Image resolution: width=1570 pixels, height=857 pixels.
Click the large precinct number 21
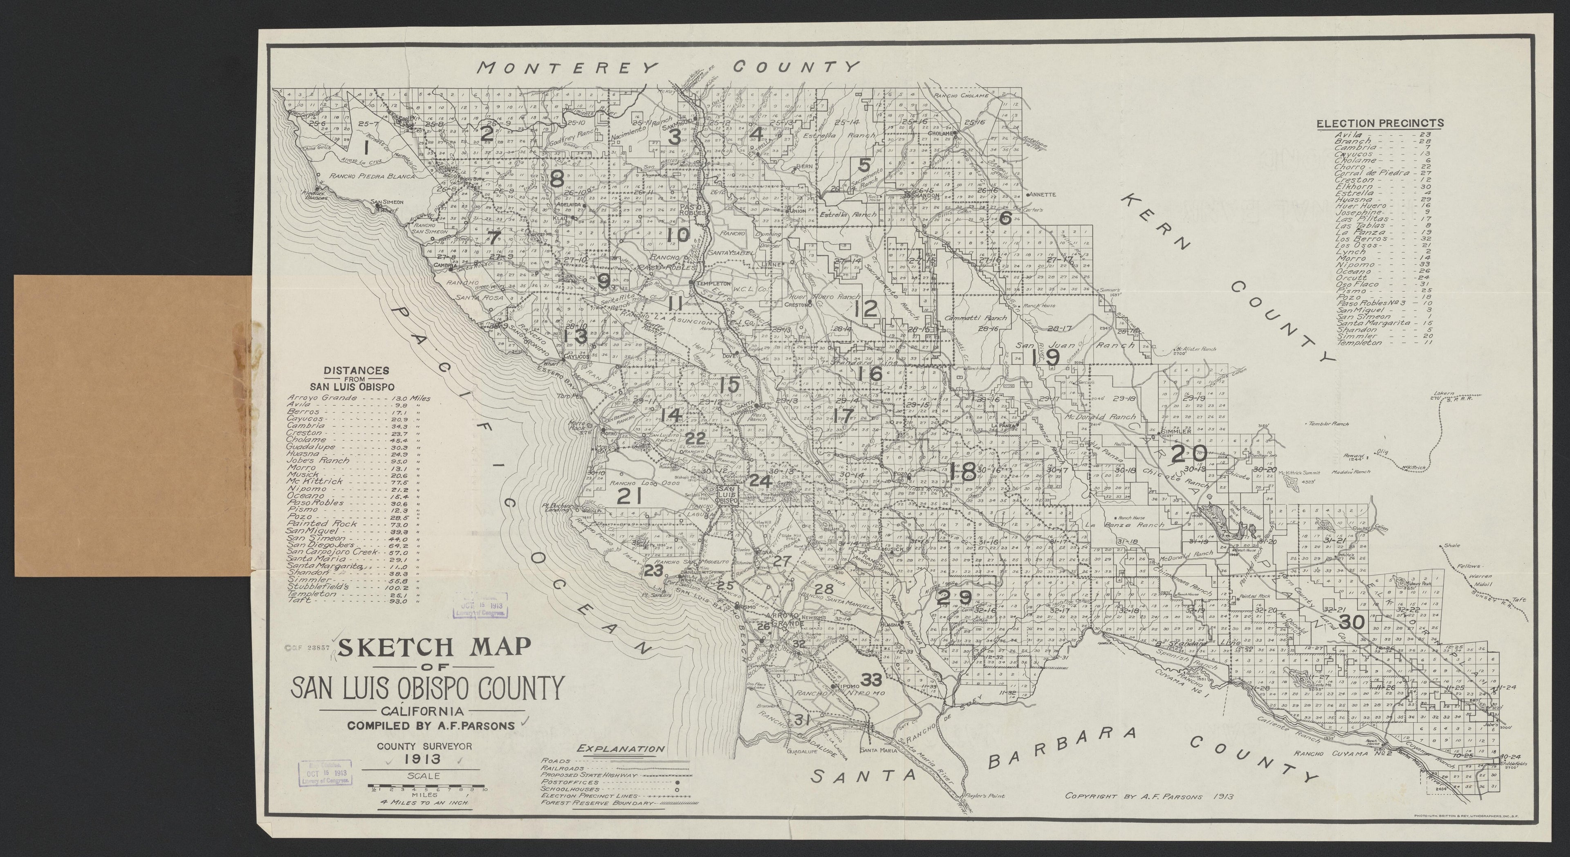tap(630, 497)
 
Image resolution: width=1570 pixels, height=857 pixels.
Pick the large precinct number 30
tap(1349, 622)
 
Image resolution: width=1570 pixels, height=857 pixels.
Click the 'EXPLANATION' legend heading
tap(621, 749)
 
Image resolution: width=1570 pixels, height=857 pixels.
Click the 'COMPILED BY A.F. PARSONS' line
tap(431, 725)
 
